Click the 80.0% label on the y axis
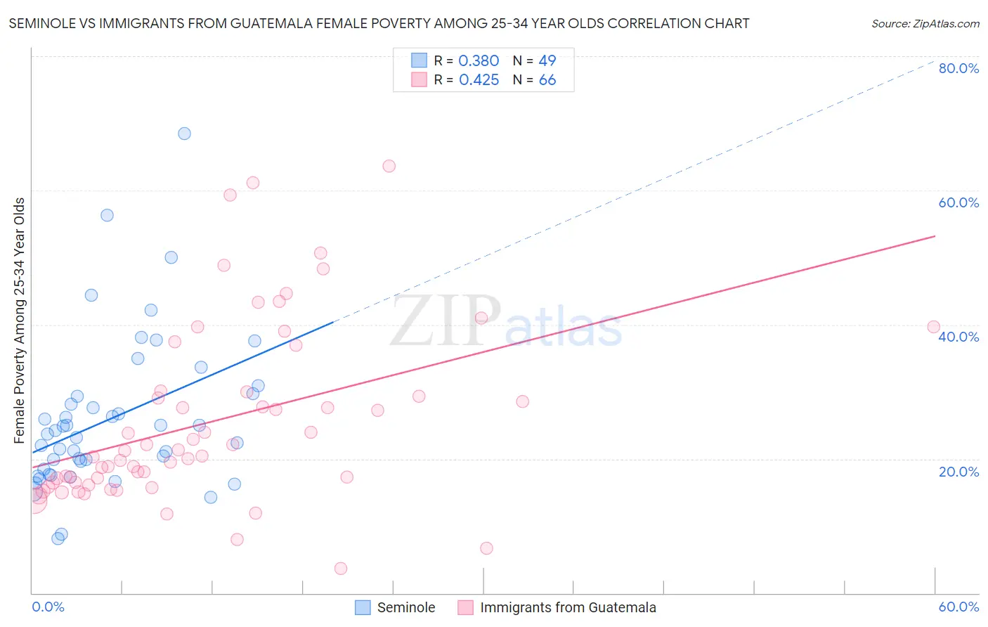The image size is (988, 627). point(958,68)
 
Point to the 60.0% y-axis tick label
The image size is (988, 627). point(958,202)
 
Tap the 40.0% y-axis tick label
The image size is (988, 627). point(958,337)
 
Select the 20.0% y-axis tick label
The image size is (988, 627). point(958,472)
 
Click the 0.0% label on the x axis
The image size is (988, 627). point(48,607)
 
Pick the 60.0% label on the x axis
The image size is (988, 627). point(958,607)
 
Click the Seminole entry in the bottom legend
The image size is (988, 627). point(405,607)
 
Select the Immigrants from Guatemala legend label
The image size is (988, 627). point(568,607)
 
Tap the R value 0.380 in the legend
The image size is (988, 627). point(479,61)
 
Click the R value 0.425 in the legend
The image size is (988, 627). point(479,80)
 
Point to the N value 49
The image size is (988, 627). point(547,61)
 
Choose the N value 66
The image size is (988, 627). point(547,80)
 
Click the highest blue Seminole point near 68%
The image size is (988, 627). point(184,134)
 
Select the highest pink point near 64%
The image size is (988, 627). point(389,166)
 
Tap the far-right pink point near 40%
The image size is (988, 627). point(933,327)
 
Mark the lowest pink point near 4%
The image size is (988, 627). point(341,568)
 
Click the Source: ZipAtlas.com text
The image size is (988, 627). point(925,24)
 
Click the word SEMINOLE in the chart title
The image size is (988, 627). point(42,24)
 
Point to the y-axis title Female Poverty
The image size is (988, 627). point(20,320)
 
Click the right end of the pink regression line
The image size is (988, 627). point(935,236)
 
